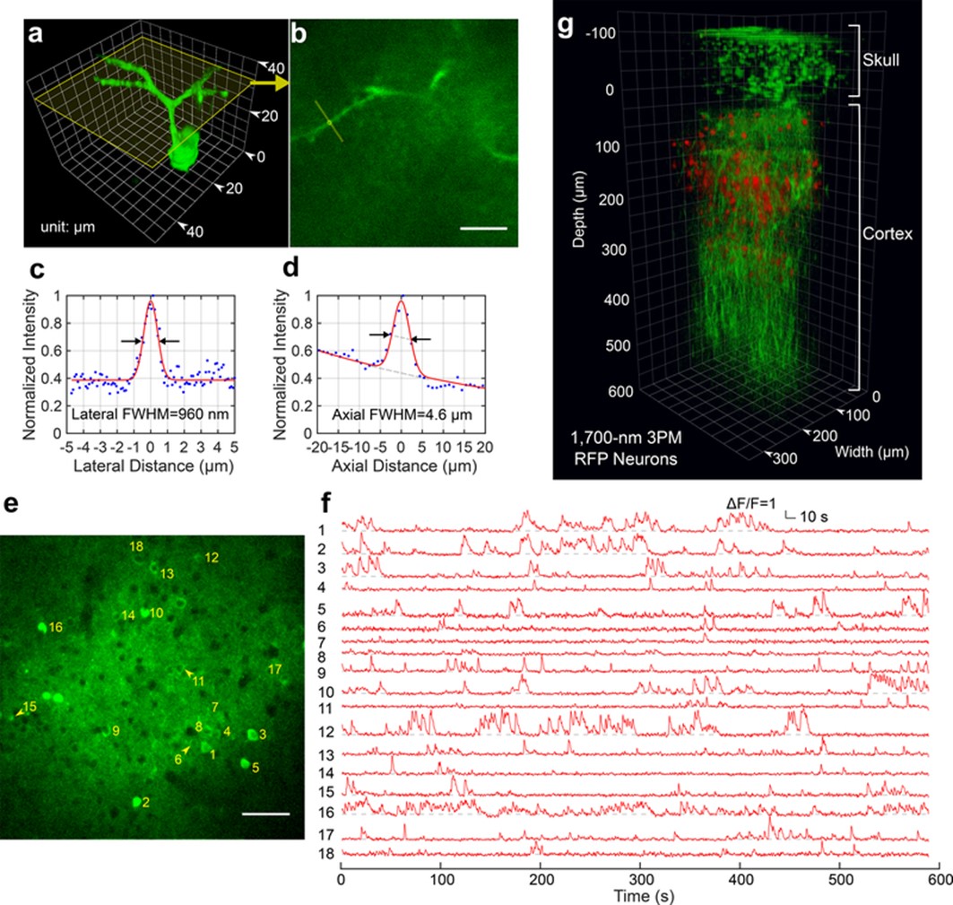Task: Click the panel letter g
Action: pyautogui.click(x=566, y=26)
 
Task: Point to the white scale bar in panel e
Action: pyautogui.click(x=265, y=814)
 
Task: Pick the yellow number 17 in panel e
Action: pyautogui.click(x=275, y=669)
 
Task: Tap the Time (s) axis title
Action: pyautogui.click(x=638, y=895)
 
